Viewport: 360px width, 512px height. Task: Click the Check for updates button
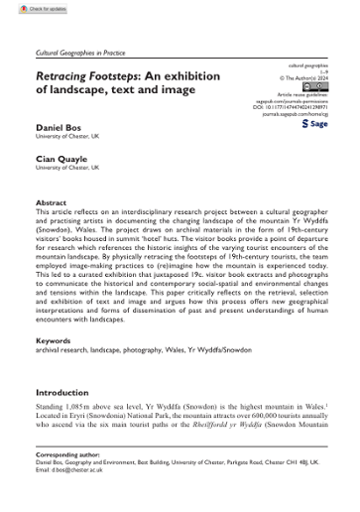coord(31,9)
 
